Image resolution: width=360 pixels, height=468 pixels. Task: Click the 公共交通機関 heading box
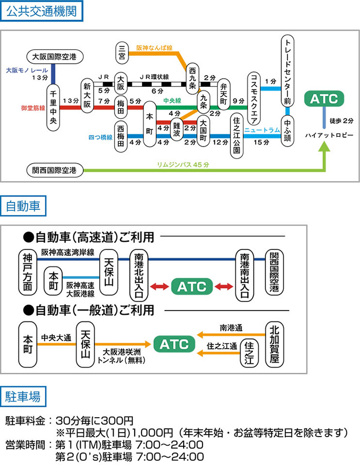coord(42,12)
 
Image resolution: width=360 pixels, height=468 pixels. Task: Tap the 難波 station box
coord(176,129)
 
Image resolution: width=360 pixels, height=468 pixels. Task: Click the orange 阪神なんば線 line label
coord(154,47)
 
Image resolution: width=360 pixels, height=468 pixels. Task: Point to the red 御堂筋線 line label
coord(33,108)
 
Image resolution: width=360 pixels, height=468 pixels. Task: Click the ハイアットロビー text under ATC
coord(329,134)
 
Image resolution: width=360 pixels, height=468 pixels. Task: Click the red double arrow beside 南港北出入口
coord(160,286)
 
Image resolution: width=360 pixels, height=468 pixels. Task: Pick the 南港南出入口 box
coord(245,275)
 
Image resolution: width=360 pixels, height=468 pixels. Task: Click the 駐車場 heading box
coord(26,397)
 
